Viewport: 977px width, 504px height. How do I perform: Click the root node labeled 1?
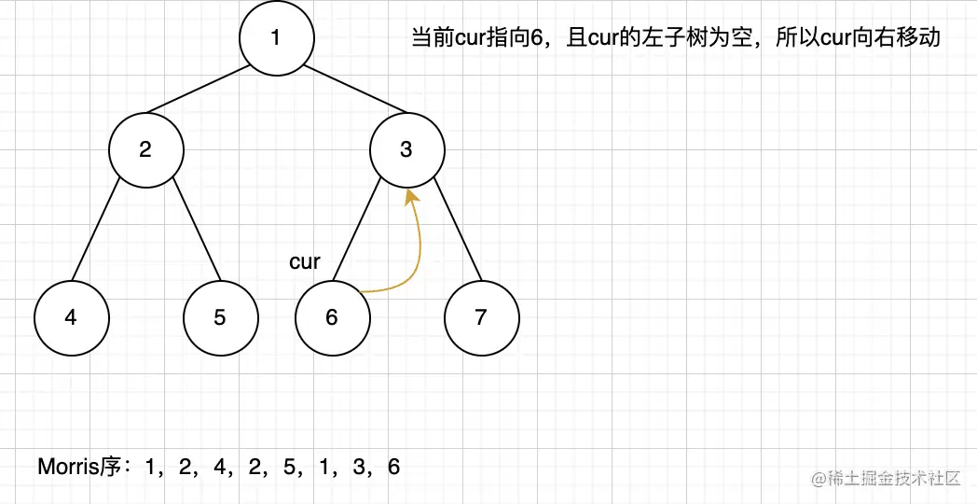pyautogui.click(x=276, y=38)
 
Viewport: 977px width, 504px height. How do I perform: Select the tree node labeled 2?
pyautogui.click(x=145, y=149)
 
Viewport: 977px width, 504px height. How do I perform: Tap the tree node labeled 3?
pyautogui.click(x=406, y=149)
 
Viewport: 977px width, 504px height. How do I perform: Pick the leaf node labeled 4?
pyautogui.click(x=71, y=317)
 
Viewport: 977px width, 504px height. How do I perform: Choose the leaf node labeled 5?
pyautogui.click(x=220, y=317)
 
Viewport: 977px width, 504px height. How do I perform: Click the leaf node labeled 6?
pyautogui.click(x=332, y=317)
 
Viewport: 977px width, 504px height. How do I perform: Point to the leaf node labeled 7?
pyautogui.click(x=481, y=317)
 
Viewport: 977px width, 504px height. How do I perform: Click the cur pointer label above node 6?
pyautogui.click(x=305, y=262)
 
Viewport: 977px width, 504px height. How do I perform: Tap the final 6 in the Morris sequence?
pyautogui.click(x=393, y=467)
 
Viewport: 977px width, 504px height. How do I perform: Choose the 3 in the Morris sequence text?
pyautogui.click(x=359, y=467)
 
